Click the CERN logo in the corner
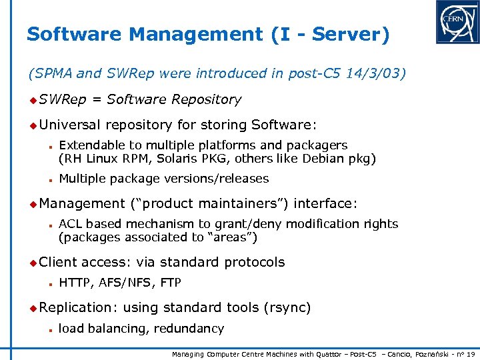pyautogui.click(x=457, y=22)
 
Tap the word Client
pyautogui.click(x=58, y=262)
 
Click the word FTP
pyautogui.click(x=170, y=283)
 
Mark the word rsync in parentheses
pyautogui.click(x=287, y=307)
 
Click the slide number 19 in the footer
pyautogui.click(x=471, y=354)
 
